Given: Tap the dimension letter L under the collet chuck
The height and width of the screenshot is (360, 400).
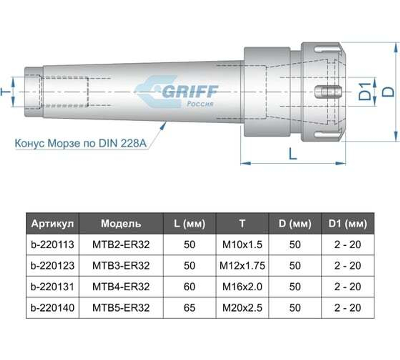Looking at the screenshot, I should pyautogui.click(x=293, y=153).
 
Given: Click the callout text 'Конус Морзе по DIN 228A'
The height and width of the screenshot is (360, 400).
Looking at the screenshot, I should pyautogui.click(x=78, y=143).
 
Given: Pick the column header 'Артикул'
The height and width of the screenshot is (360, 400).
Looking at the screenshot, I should pyautogui.click(x=52, y=223).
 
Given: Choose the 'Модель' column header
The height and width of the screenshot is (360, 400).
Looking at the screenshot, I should pyautogui.click(x=121, y=223).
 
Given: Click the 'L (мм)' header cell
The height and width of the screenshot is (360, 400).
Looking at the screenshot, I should pyautogui.click(x=190, y=223).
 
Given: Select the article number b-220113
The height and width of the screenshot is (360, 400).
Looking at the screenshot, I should pyautogui.click(x=52, y=244).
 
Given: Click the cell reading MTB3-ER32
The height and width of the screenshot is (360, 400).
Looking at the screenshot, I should pyautogui.click(x=121, y=266).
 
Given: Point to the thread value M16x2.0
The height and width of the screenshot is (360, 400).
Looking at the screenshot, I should pyautogui.click(x=242, y=287).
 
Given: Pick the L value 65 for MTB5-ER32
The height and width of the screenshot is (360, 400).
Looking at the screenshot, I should pyautogui.click(x=190, y=308).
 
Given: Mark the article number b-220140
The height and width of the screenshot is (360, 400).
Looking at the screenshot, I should pyautogui.click(x=52, y=308).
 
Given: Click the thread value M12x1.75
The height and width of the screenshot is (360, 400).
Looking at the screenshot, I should pyautogui.click(x=242, y=266).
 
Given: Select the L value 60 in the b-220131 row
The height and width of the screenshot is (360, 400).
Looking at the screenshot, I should pyautogui.click(x=190, y=287).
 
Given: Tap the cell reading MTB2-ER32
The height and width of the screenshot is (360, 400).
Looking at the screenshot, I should pyautogui.click(x=121, y=244).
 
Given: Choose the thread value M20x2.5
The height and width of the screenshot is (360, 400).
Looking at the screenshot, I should pyautogui.click(x=242, y=308).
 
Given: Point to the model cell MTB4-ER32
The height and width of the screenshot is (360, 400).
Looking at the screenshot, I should pyautogui.click(x=121, y=287).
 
